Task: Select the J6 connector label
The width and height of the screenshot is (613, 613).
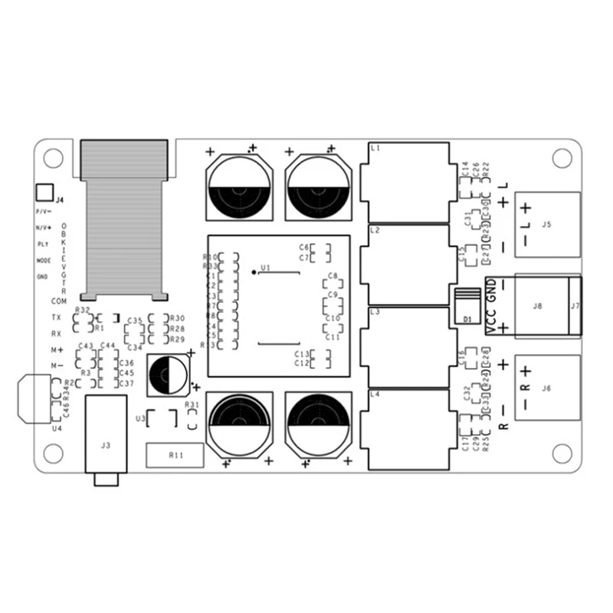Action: coord(546,388)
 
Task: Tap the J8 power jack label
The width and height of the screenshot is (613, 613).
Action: coord(537,306)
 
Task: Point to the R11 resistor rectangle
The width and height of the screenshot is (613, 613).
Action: coord(175,455)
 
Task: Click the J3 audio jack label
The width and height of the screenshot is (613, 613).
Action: coord(106,444)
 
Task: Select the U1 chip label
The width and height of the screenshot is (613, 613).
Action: coord(266,267)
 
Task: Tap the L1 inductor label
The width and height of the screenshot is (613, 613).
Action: coord(375,147)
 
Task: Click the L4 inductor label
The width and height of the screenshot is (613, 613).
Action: coord(375,394)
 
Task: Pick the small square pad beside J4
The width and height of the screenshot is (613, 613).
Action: coord(44,192)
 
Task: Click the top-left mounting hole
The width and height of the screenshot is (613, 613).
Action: coord(52,158)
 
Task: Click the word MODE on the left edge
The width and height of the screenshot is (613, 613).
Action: coord(43,261)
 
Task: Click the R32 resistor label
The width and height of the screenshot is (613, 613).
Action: coord(83,310)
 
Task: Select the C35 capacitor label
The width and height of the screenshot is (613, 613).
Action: coord(135,320)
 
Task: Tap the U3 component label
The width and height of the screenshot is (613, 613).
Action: coord(139,418)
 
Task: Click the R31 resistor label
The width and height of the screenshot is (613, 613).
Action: coord(192,405)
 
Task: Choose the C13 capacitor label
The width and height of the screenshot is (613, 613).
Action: coord(301,353)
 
